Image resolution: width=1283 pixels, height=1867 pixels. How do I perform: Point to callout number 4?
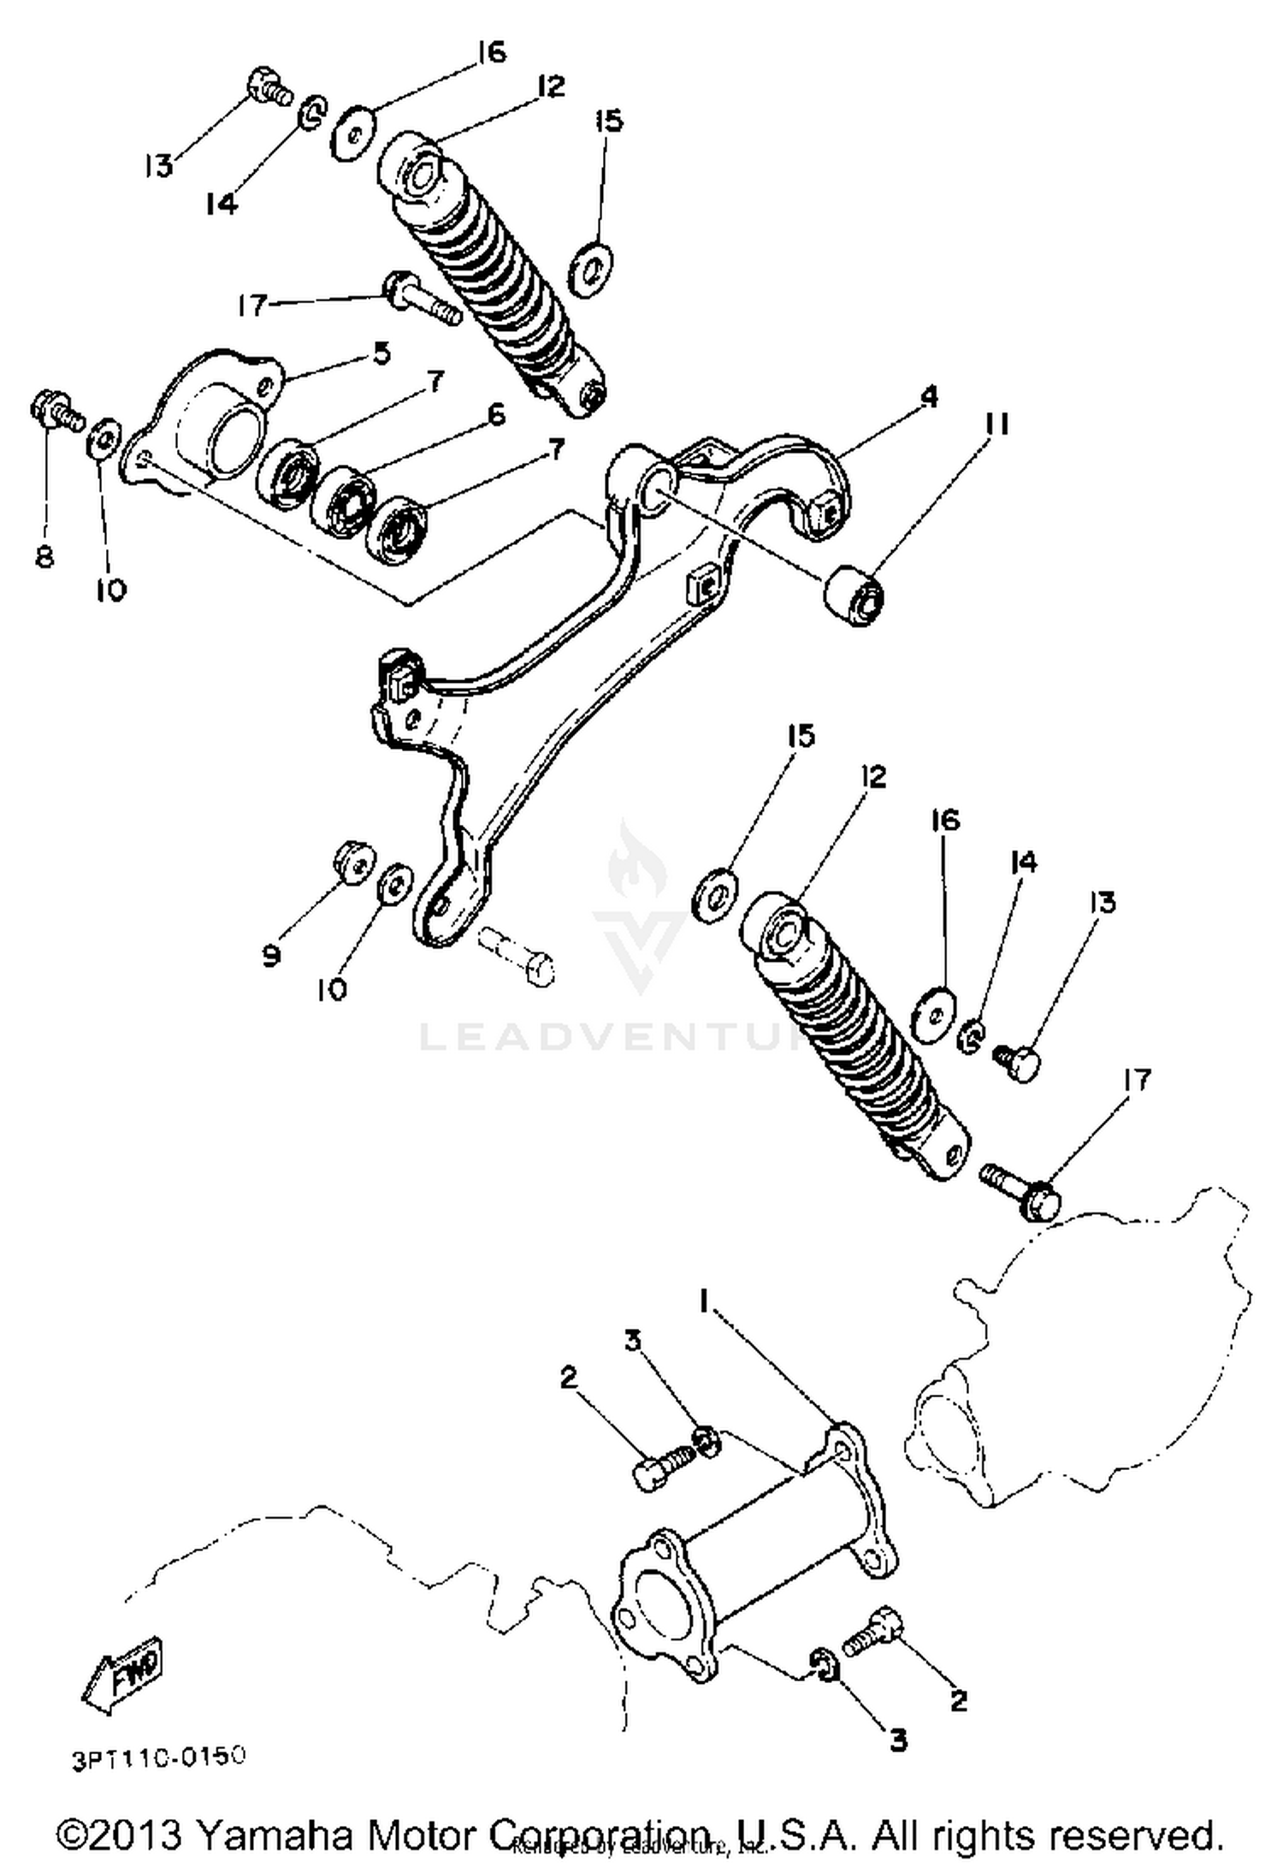point(929,396)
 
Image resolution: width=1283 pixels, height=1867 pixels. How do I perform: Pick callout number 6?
point(495,415)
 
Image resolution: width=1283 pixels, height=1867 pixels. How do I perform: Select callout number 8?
point(44,557)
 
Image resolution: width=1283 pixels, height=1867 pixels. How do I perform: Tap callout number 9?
point(271,955)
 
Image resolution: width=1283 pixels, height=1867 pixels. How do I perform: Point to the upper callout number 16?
point(492,52)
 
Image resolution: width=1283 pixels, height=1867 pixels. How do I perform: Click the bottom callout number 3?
point(898,1740)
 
